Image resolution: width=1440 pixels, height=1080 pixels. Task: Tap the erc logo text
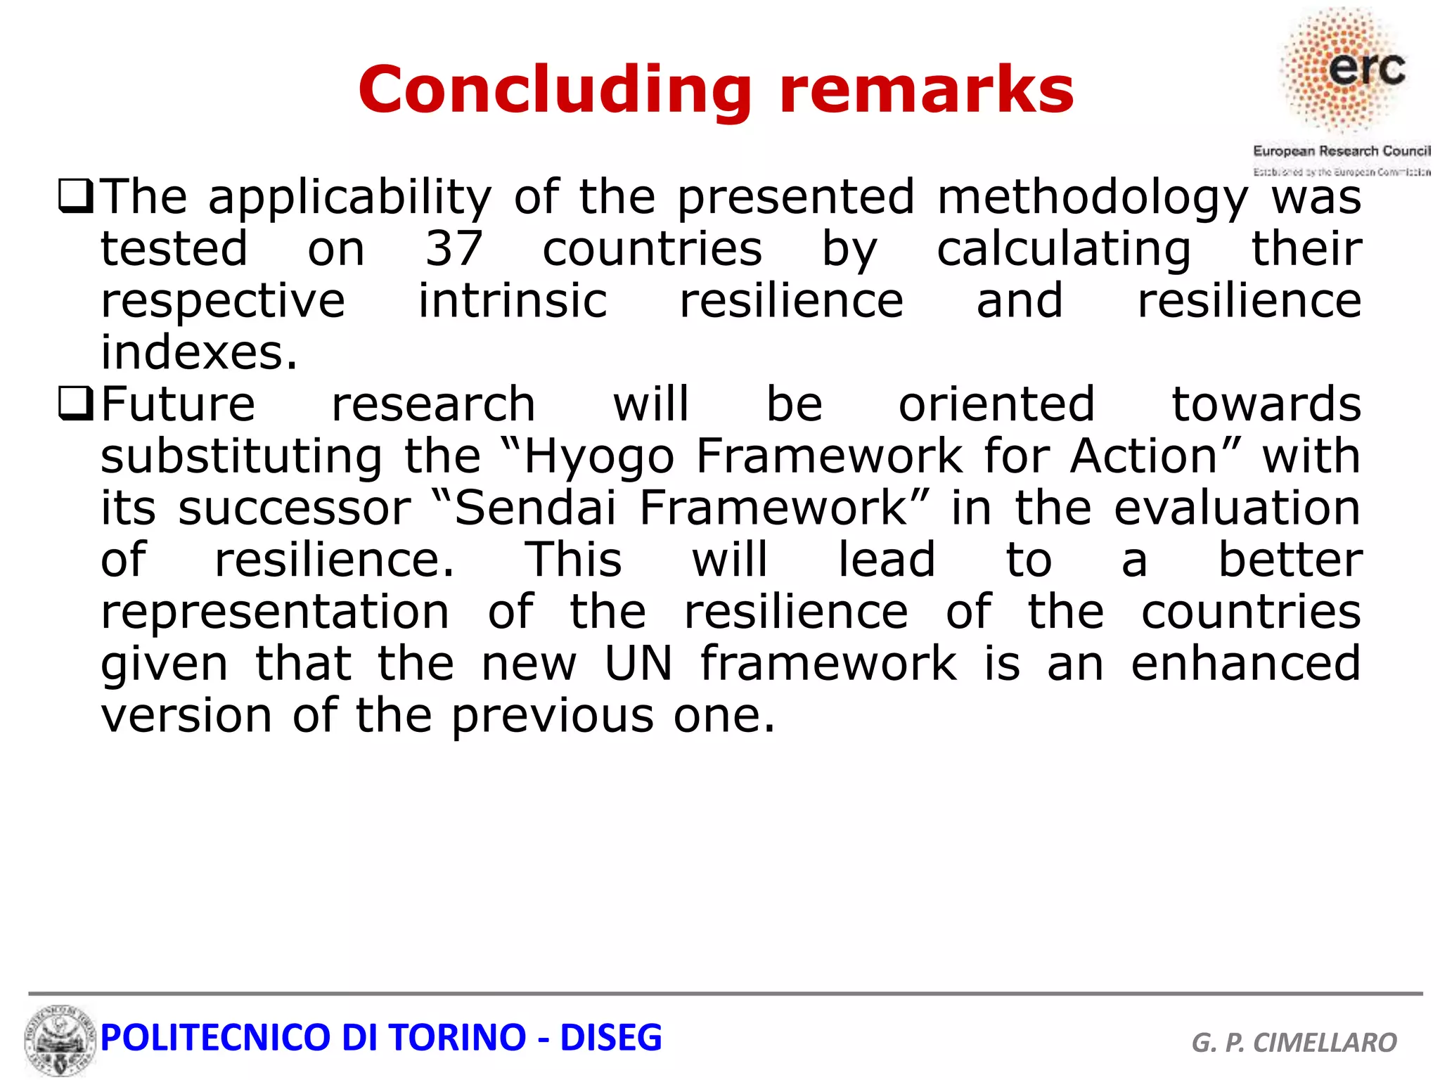(1366, 69)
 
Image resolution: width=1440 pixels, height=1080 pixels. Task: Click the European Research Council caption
(1341, 150)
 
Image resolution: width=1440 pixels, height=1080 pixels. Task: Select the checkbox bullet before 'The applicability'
(75, 198)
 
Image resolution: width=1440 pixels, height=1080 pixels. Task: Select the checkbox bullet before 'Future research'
(75, 405)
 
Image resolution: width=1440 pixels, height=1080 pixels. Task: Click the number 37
(454, 249)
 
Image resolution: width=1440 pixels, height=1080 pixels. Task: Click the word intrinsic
(513, 301)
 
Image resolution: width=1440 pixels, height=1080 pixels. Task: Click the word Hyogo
(599, 457)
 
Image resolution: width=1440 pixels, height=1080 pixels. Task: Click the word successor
(294, 508)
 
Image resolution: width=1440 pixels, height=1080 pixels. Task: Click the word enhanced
(1245, 664)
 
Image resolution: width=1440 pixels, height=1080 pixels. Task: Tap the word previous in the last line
(552, 716)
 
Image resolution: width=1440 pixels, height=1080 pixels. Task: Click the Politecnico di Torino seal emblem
(60, 1039)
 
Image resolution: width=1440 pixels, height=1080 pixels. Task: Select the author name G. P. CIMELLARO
(1294, 1042)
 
